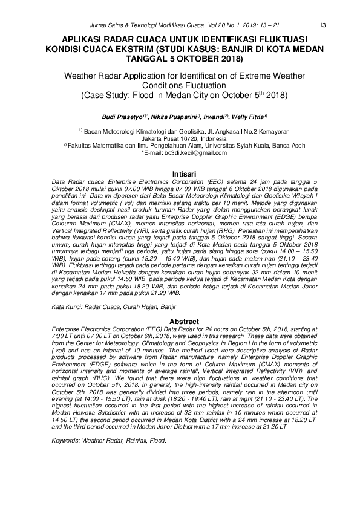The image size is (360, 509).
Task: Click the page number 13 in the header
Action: (x=322, y=25)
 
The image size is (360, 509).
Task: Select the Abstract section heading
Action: (x=180, y=321)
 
